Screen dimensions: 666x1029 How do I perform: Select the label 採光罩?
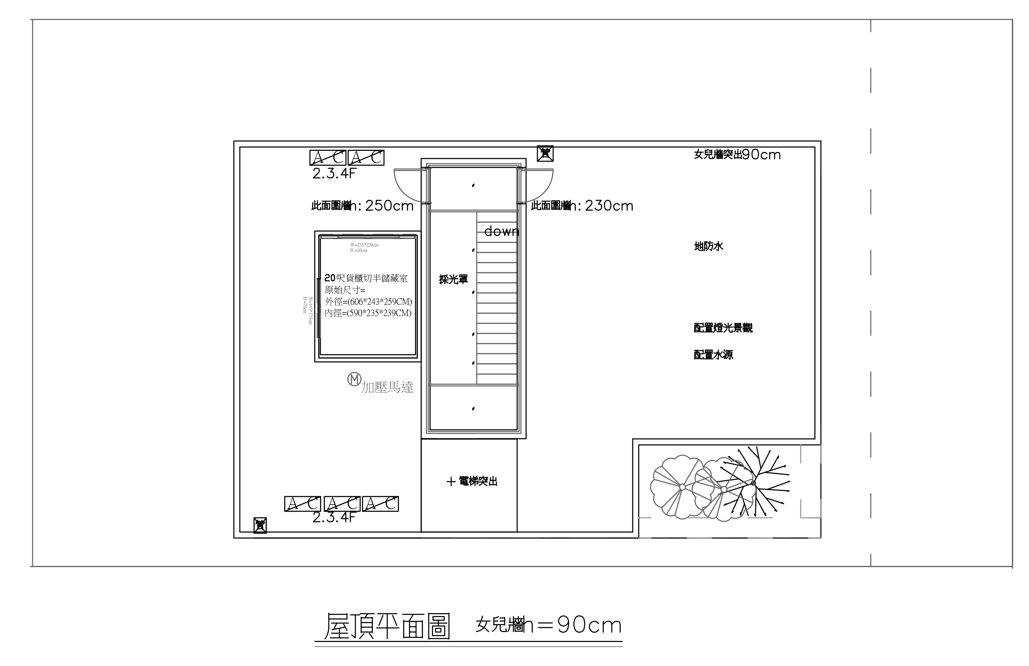coord(453,280)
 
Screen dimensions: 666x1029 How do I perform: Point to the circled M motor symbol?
coord(354,379)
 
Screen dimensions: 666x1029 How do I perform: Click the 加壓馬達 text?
coord(388,387)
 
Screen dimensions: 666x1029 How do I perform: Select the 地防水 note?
coord(708,247)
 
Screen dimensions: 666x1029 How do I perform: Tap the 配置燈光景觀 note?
coord(723,328)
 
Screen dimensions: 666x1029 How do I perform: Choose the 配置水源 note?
coord(713,355)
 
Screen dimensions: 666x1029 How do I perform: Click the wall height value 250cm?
coord(389,206)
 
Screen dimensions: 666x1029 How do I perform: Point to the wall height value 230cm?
coord(608,206)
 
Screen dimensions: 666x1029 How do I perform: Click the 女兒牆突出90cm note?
coord(737,154)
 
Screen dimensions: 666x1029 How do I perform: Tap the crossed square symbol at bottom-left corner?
coord(260,525)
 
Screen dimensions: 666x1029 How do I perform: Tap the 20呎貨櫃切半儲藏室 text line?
coord(366,278)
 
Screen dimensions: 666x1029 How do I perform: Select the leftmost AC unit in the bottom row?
coord(302,504)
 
